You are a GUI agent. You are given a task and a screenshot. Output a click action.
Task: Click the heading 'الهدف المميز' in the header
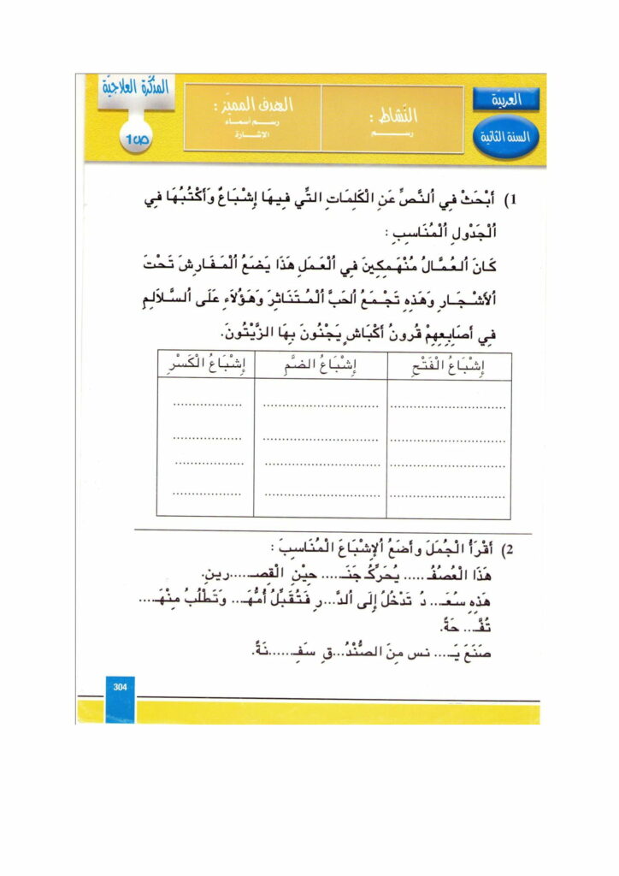(x=252, y=106)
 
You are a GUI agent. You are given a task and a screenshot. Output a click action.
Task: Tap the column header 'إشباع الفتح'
(x=449, y=367)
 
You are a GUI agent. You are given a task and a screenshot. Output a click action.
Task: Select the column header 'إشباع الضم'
(x=319, y=367)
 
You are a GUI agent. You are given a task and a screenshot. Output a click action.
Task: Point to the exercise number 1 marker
(x=511, y=202)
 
